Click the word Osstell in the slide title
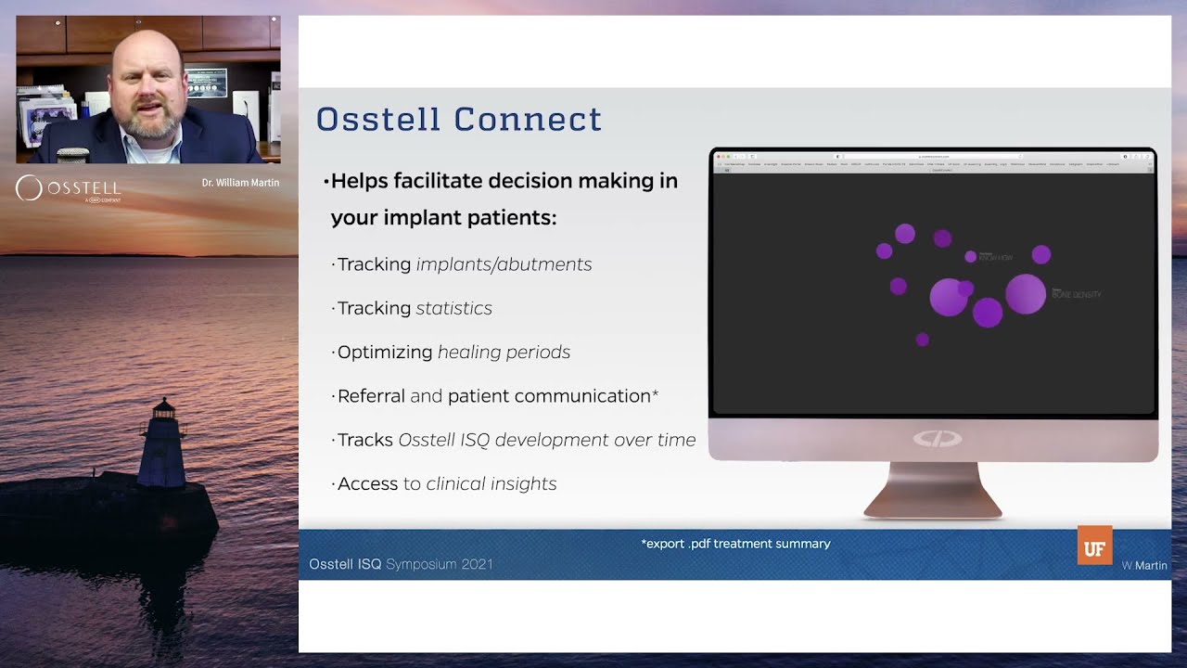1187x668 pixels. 380,120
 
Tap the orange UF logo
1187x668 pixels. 1094,546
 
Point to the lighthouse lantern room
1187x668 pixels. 164,409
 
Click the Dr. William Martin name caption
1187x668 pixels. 240,183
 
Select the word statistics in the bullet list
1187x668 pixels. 453,308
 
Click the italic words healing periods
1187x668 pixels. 504,352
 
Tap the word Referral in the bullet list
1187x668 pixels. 371,396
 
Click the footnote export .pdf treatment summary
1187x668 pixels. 735,544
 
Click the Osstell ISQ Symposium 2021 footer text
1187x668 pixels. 401,564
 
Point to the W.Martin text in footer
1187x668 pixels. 1144,565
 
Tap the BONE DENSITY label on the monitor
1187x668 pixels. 1076,294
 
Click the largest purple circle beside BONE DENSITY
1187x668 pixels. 1025,293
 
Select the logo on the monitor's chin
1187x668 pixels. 937,439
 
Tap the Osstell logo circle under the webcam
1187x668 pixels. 29,188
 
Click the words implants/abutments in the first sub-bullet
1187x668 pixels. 504,264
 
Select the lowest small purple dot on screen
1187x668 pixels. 922,340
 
